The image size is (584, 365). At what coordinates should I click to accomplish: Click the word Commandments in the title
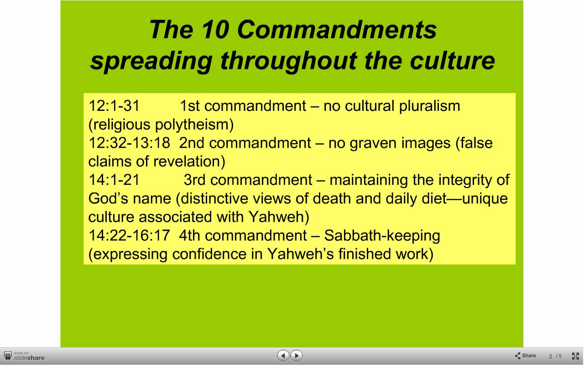[337, 30]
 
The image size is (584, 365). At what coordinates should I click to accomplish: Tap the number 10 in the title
[215, 30]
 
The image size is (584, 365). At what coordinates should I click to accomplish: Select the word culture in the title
[452, 61]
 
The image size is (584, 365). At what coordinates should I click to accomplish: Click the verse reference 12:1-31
[114, 106]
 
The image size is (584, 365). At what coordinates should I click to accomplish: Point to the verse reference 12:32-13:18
[129, 143]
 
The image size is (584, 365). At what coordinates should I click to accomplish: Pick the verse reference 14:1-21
[114, 180]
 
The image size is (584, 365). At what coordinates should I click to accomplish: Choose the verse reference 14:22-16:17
[129, 235]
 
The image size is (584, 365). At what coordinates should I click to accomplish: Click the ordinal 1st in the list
[190, 106]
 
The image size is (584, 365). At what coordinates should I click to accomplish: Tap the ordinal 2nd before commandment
[192, 143]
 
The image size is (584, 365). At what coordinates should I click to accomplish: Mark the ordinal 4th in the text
[190, 235]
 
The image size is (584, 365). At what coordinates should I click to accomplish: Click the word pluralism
[429, 106]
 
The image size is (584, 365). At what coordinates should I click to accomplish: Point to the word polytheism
[194, 125]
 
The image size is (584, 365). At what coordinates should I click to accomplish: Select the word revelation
[189, 162]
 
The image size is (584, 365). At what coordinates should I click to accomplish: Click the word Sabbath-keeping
[382, 236]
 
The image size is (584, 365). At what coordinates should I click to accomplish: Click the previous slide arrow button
[283, 355]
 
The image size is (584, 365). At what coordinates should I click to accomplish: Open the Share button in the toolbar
[525, 355]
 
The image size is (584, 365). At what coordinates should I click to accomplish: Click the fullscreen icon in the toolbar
[575, 356]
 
